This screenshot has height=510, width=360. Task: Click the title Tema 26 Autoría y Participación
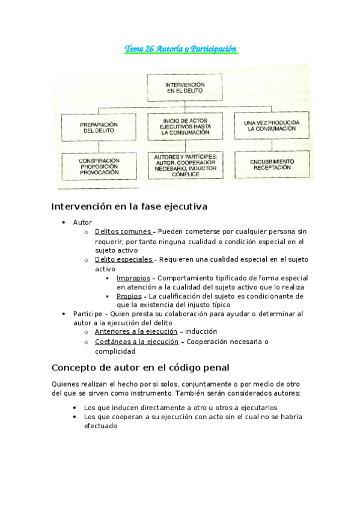(181, 49)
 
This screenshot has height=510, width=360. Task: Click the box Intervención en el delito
(185, 88)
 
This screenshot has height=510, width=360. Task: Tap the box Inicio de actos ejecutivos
(185, 126)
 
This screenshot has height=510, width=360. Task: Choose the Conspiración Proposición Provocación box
(99, 166)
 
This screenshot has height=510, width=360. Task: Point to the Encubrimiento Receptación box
(272, 164)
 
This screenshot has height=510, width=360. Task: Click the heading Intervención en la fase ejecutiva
(129, 206)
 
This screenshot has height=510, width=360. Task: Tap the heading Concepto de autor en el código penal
(140, 367)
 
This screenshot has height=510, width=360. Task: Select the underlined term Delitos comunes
(123, 232)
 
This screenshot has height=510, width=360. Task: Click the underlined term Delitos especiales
(123, 259)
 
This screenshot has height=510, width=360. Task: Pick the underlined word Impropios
(133, 278)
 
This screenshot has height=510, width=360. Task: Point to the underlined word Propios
(129, 296)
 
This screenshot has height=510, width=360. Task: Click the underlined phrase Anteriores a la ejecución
(136, 331)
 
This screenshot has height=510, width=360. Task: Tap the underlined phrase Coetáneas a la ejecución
(136, 342)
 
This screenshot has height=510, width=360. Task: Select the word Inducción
(201, 331)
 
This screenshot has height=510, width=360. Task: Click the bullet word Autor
(82, 223)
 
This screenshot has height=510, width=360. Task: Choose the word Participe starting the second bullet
(87, 314)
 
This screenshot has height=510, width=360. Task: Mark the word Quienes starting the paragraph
(66, 384)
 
